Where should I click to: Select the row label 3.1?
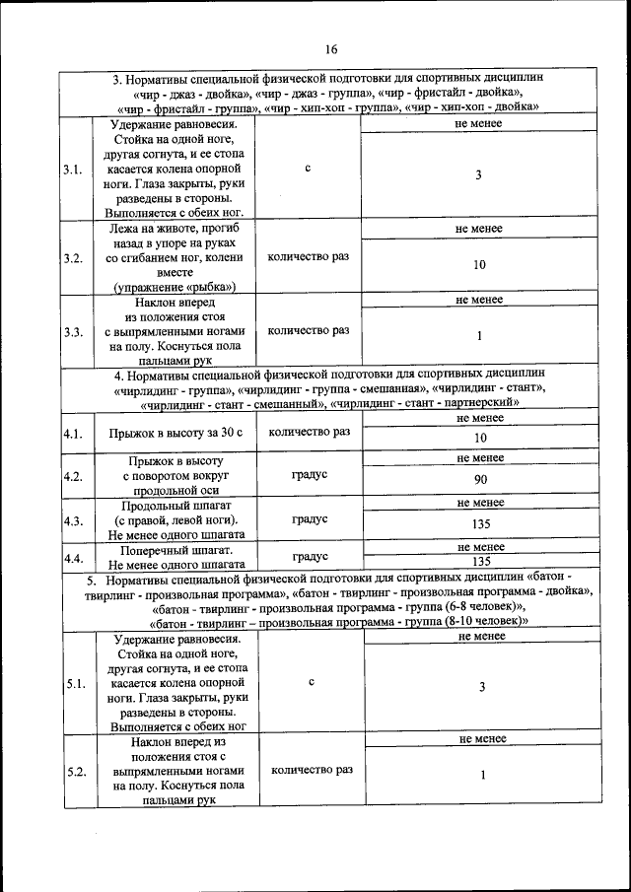[x=72, y=170]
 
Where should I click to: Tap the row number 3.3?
[x=72, y=332]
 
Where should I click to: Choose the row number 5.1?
[x=75, y=684]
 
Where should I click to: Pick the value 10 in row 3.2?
[x=479, y=265]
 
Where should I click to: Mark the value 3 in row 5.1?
[x=481, y=687]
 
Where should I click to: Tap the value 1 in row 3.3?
[x=479, y=337]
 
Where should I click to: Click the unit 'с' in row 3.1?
[x=308, y=169]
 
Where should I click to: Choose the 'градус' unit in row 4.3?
[x=310, y=518]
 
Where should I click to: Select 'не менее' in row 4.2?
[x=480, y=458]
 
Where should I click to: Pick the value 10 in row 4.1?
[x=480, y=438]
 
